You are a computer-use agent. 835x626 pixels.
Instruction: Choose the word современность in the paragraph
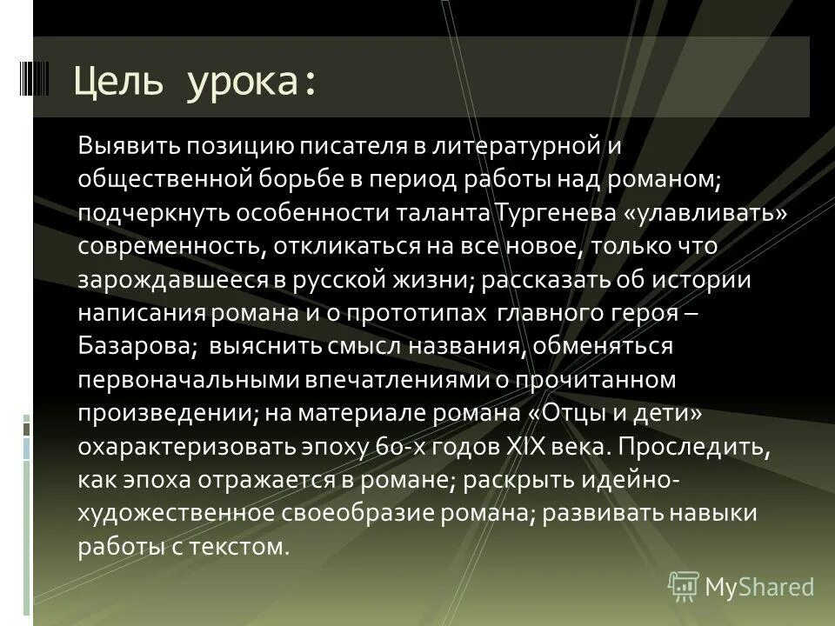point(170,245)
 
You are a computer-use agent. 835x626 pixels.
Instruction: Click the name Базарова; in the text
point(137,345)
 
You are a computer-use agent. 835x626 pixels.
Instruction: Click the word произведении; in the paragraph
point(167,412)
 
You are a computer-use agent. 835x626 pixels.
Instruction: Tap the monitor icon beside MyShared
point(684,586)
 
